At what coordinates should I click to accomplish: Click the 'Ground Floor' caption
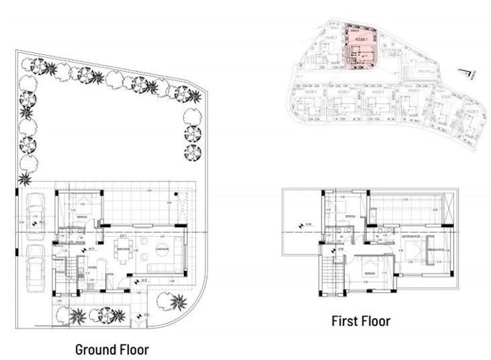[111, 347]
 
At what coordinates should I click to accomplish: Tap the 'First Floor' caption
[361, 321]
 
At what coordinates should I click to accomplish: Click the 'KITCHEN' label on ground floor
[92, 265]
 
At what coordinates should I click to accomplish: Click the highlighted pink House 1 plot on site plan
[360, 47]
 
